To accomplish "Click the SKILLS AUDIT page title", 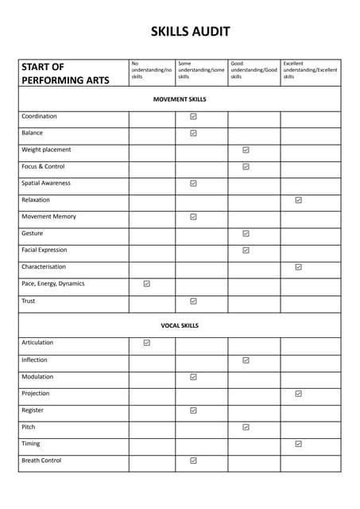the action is point(191,32).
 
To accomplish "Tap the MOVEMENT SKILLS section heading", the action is point(180,99).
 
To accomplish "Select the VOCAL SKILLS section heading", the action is point(180,325).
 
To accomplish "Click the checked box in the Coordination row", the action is point(193,117).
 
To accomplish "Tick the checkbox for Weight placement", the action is point(246,150).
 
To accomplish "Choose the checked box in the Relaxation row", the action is point(298,200).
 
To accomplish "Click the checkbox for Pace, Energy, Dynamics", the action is point(147,284).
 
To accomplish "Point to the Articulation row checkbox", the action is point(147,343).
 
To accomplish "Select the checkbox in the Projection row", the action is point(298,394).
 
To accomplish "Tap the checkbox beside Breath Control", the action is point(193,460).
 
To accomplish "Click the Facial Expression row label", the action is point(45,250).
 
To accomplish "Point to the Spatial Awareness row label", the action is point(46,183).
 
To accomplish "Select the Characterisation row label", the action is point(44,266).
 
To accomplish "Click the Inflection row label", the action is point(34,359).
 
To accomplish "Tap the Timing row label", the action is point(31,444).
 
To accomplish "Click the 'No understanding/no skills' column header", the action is point(151,70).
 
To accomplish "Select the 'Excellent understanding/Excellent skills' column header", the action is point(310,70).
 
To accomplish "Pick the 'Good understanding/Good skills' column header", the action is point(254,70).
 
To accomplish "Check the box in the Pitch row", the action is point(246,427).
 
